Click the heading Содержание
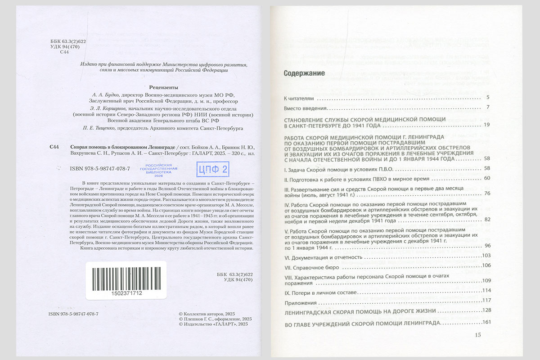click(x=304, y=74)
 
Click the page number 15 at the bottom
click(x=477, y=334)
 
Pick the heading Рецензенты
click(x=163, y=87)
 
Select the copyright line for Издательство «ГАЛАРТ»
click(x=213, y=324)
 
